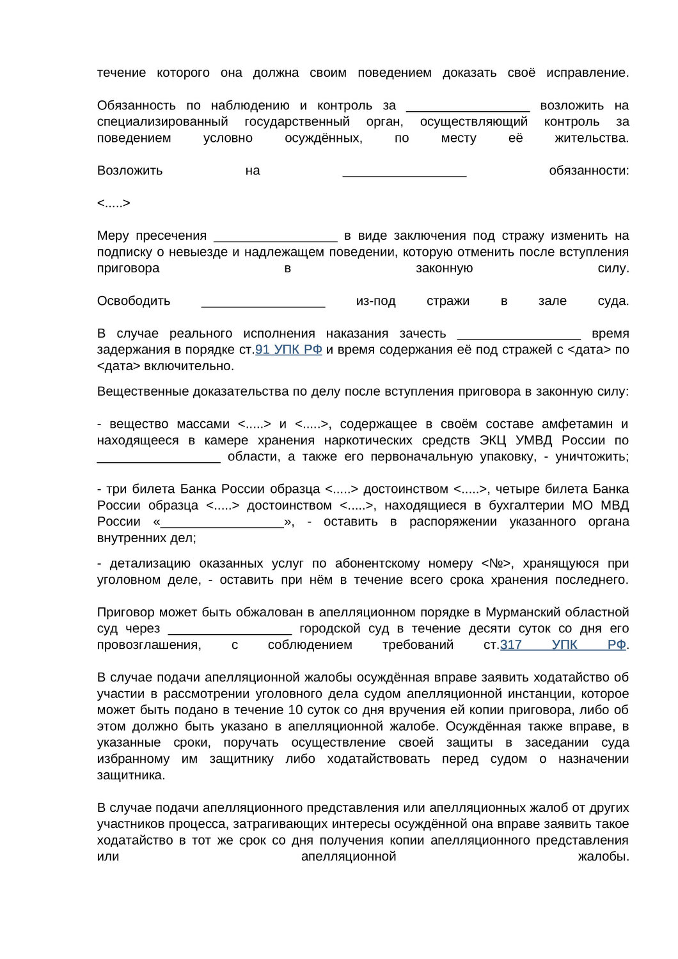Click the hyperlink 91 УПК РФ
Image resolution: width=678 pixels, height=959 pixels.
(288, 350)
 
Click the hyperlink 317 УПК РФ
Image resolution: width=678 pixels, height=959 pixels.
(563, 645)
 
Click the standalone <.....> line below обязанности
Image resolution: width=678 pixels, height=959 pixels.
(114, 203)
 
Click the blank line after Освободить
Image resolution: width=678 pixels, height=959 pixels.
(263, 301)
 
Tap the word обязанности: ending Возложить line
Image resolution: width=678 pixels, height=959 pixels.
(588, 171)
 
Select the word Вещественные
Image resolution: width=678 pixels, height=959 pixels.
(137, 391)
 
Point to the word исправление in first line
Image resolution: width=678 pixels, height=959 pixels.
(588, 73)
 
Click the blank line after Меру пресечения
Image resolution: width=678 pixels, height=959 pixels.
(275, 236)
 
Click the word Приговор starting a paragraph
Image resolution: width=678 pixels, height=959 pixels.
(124, 612)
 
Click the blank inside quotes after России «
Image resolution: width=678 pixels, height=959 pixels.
(222, 522)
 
